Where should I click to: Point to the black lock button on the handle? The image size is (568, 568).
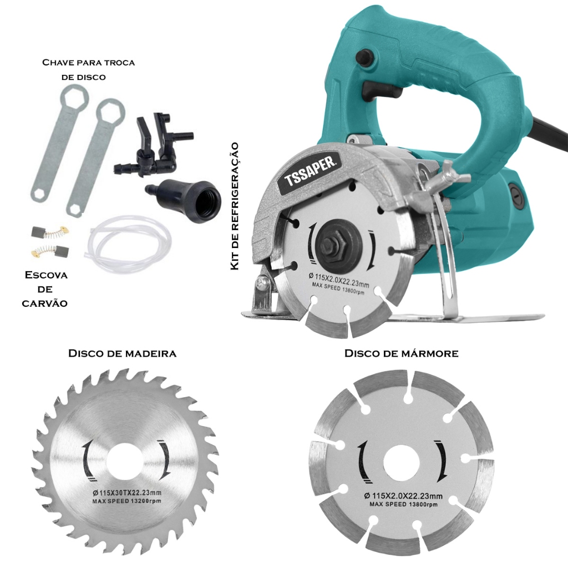(x=364, y=57)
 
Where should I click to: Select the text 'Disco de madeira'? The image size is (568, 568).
(x=122, y=353)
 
